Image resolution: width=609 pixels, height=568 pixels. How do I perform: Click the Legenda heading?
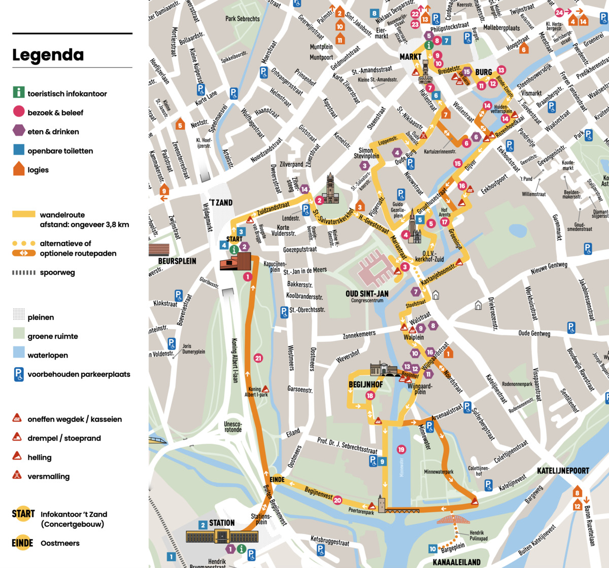[x=48, y=55]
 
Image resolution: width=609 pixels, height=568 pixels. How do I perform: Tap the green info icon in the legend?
[x=19, y=92]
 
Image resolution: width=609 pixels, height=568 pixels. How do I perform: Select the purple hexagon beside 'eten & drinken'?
[x=19, y=131]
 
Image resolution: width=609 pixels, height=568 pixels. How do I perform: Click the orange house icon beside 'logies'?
[x=19, y=169]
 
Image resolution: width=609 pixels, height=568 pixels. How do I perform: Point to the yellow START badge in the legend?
[x=23, y=514]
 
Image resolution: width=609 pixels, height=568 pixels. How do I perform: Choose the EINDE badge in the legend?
[x=22, y=543]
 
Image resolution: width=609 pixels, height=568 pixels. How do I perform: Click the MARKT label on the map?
[x=410, y=57]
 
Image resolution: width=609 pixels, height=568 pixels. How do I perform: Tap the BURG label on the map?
[x=483, y=72]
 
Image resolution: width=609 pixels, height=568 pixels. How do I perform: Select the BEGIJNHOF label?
[x=365, y=385]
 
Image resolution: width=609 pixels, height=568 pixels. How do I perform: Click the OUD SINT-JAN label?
[x=367, y=294]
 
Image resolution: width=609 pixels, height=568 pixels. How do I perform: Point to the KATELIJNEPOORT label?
[x=563, y=471]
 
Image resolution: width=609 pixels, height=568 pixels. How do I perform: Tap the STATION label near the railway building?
[x=222, y=523]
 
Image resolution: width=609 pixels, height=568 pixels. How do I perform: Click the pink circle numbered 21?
[x=258, y=358]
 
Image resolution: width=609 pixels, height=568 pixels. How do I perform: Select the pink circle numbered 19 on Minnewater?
[x=401, y=449]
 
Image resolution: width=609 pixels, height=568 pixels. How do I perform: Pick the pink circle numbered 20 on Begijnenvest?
[x=337, y=501]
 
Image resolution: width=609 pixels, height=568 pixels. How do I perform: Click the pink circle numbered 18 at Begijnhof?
[x=370, y=396]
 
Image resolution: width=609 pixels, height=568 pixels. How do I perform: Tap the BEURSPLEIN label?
[x=173, y=261]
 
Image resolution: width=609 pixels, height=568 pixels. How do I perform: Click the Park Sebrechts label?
[x=242, y=19]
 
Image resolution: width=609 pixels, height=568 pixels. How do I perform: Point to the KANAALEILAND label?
[x=456, y=562]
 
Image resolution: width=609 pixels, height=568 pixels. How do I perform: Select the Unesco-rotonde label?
[x=233, y=427]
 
